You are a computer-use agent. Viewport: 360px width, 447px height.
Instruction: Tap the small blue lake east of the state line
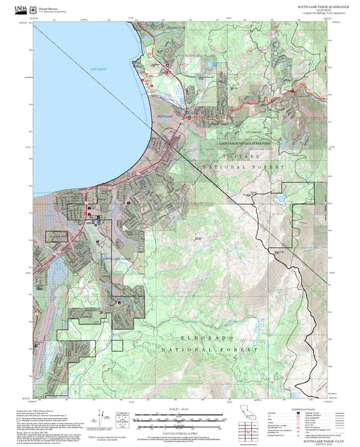tap(278, 200)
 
